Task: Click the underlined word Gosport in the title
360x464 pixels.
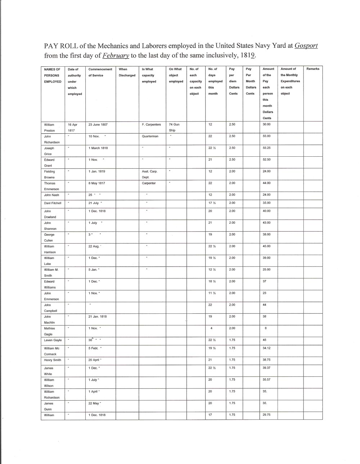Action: [x=306, y=46]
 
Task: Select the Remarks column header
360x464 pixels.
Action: [x=313, y=69]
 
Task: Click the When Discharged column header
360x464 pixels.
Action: [x=127, y=72]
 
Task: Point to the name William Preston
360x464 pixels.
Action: [x=49, y=128]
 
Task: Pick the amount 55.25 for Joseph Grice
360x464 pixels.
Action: [x=267, y=148]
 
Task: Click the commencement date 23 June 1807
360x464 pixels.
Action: [x=98, y=125]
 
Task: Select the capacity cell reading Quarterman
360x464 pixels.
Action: [x=150, y=136]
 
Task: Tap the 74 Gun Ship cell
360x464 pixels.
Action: [x=174, y=128]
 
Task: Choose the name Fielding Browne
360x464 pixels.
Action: [x=49, y=174]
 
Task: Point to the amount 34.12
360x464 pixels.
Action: [x=267, y=348]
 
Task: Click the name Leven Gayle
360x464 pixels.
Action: [x=53, y=340]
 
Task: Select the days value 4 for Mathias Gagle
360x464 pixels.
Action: [x=211, y=328]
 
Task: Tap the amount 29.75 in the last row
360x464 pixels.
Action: [x=267, y=415]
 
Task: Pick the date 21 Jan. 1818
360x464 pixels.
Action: [x=98, y=317]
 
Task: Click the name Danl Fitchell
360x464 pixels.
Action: [x=53, y=203]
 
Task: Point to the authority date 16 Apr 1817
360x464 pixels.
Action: [x=73, y=128]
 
